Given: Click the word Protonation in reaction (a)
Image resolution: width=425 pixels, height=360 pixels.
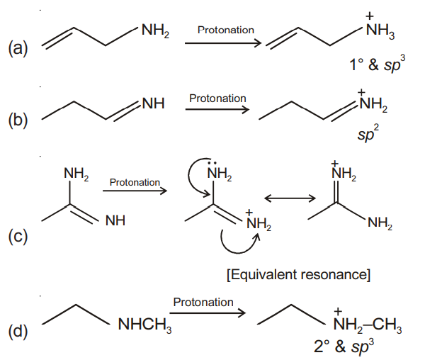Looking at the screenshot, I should click(226, 30).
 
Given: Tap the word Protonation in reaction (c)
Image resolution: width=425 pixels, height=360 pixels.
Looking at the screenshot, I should click(135, 182).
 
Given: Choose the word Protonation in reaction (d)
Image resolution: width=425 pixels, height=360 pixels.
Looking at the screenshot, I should click(203, 302).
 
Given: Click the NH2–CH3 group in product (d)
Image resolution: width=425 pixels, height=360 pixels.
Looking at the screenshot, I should click(368, 327).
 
